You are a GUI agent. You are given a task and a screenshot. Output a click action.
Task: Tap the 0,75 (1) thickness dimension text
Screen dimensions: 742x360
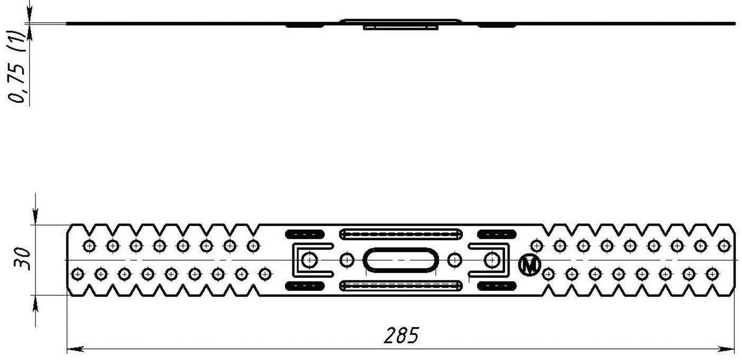[x=17, y=67]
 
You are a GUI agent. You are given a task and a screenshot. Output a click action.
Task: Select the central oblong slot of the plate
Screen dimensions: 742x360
[x=401, y=260]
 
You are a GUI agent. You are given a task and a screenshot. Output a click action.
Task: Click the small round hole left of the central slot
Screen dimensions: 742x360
[x=347, y=260]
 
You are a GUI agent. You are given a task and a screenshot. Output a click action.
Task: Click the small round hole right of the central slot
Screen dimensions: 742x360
[x=454, y=260]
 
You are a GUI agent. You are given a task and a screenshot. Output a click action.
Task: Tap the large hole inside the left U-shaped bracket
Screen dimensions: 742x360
[x=310, y=260]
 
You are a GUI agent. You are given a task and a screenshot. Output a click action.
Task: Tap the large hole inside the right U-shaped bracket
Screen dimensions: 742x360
[x=492, y=260]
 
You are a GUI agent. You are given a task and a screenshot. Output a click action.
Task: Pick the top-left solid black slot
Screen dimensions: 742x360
[x=305, y=234]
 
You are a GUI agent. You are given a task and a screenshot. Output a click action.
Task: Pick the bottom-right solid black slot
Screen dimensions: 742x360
[x=497, y=286]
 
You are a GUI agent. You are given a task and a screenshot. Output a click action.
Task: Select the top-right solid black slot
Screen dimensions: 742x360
[x=497, y=234]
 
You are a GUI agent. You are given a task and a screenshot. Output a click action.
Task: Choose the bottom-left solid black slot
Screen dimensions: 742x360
[x=305, y=286]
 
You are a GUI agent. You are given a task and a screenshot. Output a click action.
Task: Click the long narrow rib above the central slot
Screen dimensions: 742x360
[x=401, y=234]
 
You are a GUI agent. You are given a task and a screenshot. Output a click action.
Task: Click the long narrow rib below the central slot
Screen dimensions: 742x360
[x=401, y=286]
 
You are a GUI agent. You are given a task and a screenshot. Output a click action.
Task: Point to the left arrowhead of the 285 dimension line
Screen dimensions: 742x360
[x=75, y=349]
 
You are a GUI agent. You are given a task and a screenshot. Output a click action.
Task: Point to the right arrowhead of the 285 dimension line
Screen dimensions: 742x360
[x=726, y=349]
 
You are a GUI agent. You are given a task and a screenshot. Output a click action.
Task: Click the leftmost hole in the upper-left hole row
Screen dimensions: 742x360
[x=89, y=246]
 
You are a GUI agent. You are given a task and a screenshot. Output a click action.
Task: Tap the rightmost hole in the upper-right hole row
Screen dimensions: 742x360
[x=724, y=246]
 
